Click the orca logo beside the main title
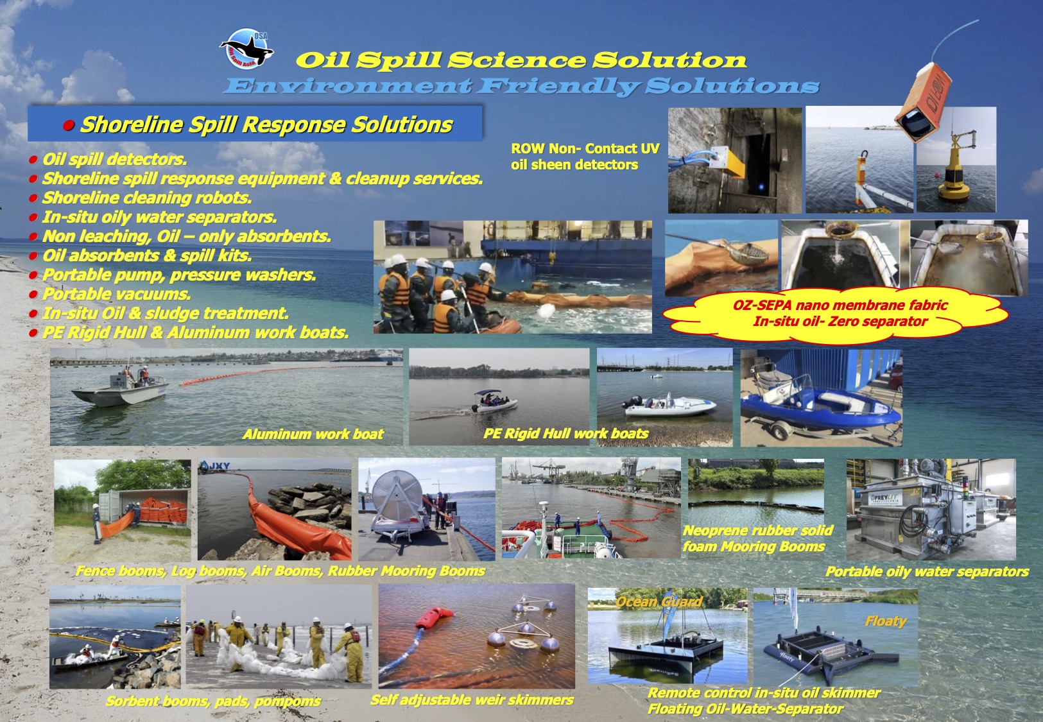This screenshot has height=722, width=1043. [246, 49]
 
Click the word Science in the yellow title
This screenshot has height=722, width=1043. [517, 60]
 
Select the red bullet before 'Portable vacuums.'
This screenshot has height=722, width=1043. [33, 295]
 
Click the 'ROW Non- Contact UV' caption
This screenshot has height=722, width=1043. [585, 148]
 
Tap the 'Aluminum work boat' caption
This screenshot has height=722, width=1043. [313, 434]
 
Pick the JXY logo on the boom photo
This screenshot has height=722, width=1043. [214, 465]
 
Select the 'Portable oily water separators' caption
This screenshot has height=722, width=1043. [927, 572]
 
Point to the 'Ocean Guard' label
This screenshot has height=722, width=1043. [659, 602]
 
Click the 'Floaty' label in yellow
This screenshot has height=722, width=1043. [886, 621]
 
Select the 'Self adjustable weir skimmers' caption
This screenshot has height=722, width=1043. [472, 700]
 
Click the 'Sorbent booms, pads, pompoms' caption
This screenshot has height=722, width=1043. [213, 701]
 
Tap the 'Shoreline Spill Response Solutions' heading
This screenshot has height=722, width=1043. [266, 125]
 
